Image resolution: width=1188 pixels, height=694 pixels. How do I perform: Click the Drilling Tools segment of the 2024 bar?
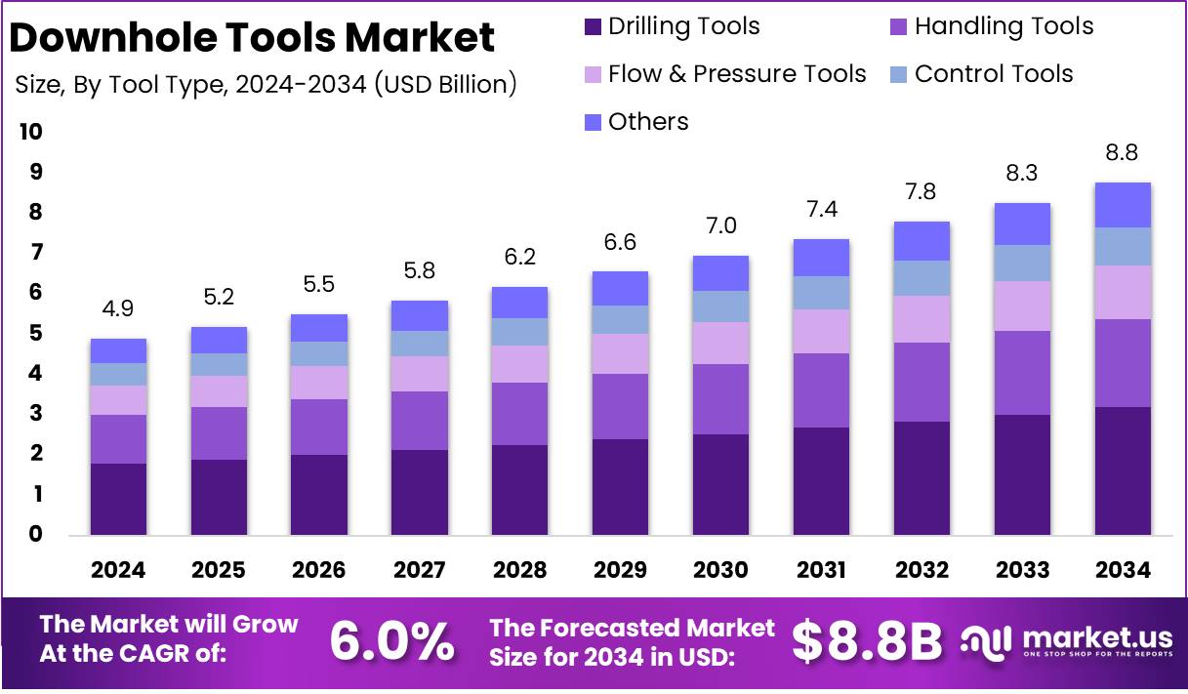(x=118, y=499)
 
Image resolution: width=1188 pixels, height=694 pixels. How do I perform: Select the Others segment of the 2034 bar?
(x=1122, y=205)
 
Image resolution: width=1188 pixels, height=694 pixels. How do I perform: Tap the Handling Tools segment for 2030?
(x=720, y=399)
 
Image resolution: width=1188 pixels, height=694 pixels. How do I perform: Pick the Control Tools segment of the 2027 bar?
(x=419, y=344)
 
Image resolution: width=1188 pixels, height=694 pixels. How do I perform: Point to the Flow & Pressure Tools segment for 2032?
(x=921, y=319)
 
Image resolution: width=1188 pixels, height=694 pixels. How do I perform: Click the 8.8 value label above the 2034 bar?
(x=1122, y=152)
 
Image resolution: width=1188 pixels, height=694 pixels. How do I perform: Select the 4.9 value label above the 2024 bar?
(x=118, y=309)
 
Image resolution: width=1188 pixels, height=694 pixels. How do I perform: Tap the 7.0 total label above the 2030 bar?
(x=720, y=226)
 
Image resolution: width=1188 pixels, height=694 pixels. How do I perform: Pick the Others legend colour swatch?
(x=593, y=122)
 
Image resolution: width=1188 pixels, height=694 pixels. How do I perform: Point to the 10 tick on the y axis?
(x=30, y=132)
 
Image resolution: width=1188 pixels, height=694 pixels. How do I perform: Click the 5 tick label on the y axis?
(x=35, y=333)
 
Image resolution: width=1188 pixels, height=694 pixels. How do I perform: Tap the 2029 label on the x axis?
(x=620, y=570)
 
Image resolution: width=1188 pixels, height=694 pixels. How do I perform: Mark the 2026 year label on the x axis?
(x=318, y=570)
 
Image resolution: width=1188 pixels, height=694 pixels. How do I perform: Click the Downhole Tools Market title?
(x=252, y=38)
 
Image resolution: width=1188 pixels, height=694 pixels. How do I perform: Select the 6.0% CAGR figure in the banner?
(x=391, y=641)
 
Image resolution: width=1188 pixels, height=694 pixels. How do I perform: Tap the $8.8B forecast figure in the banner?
(x=867, y=641)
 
